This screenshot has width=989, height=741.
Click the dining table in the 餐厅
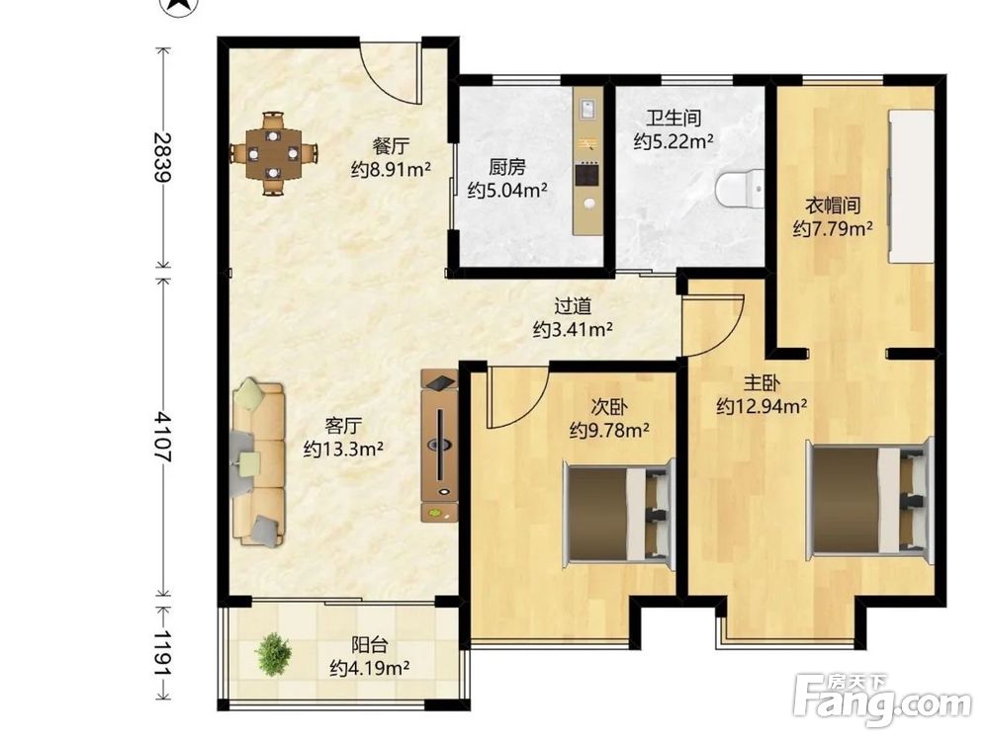273,153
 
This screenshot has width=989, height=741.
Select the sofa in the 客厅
258,461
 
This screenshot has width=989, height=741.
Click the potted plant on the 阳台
273,654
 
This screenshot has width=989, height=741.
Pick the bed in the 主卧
869,499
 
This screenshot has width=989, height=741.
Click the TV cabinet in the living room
440,446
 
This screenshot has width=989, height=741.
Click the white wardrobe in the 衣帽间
910,186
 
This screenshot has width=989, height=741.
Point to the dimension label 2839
162,157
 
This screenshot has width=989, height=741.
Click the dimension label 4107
162,437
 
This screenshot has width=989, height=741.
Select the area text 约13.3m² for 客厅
344,449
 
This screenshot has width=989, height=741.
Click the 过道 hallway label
573,306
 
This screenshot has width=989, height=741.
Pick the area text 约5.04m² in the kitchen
507,190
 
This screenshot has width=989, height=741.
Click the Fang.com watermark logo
882,699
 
